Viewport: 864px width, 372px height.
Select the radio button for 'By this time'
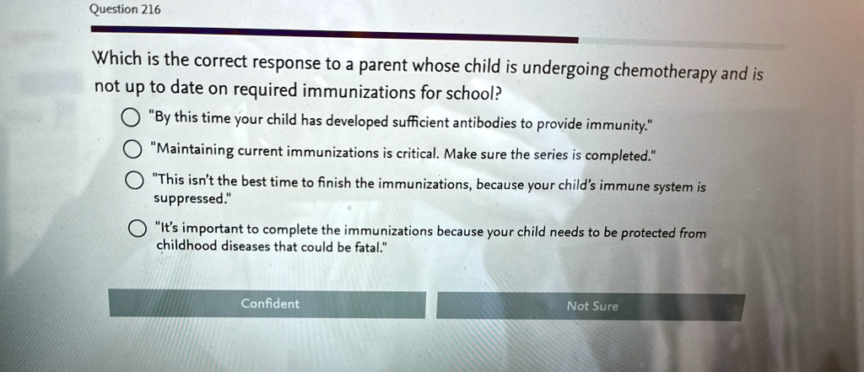(x=130, y=118)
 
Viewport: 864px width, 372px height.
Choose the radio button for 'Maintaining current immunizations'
(x=131, y=149)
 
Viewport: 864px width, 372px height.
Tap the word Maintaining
(x=196, y=150)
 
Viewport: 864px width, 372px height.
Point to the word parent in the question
(x=384, y=66)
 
